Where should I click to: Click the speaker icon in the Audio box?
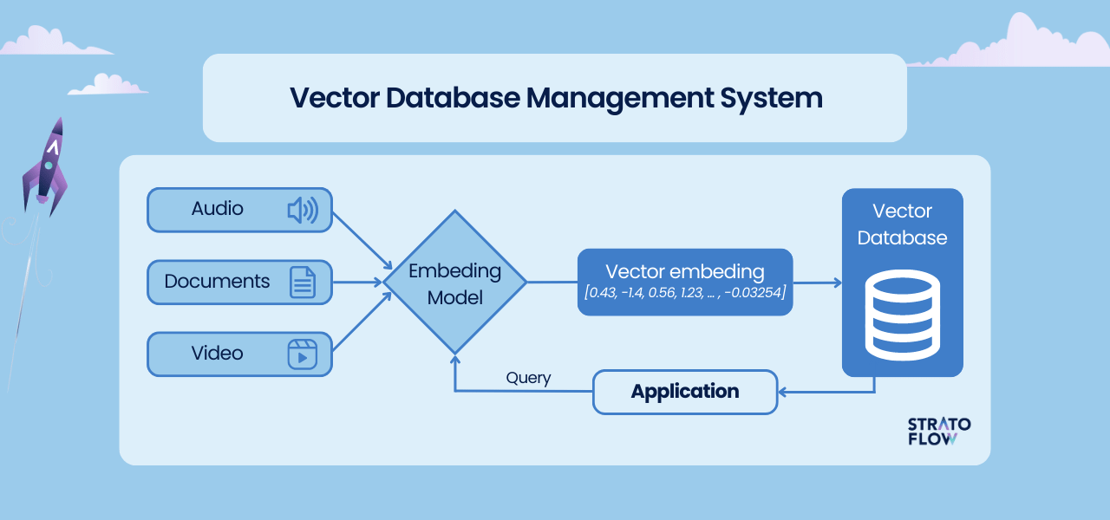point(303,210)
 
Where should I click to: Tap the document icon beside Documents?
point(303,283)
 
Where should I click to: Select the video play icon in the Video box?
point(303,354)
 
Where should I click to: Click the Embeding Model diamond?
point(455,283)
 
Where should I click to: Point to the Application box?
point(685,392)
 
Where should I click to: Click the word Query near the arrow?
point(528,378)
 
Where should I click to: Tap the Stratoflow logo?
point(938,431)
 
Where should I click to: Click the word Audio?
point(217,209)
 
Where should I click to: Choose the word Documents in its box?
point(217,282)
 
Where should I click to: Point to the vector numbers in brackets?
point(685,293)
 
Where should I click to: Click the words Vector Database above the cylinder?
point(902,224)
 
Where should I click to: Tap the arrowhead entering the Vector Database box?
point(836,283)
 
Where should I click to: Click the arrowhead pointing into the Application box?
point(784,392)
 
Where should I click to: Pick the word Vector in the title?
point(334,98)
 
